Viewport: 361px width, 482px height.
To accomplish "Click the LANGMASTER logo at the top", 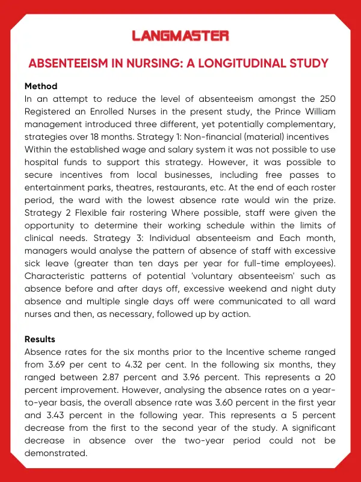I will click(x=180, y=36).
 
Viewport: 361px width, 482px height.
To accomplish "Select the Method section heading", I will click(x=41, y=86).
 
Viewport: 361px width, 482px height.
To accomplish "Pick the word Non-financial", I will click(x=223, y=137).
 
